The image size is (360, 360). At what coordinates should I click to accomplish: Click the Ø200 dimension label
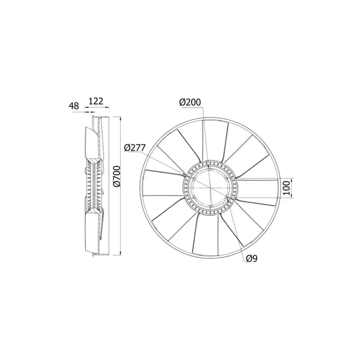pyautogui.click(x=190, y=103)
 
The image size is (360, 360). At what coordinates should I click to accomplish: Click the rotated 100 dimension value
pyautogui.click(x=287, y=187)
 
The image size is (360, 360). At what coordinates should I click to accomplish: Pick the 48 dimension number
pyautogui.click(x=74, y=106)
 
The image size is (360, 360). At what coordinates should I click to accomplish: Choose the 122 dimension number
pyautogui.click(x=95, y=102)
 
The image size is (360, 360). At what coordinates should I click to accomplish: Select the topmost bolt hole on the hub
pyautogui.click(x=210, y=169)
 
